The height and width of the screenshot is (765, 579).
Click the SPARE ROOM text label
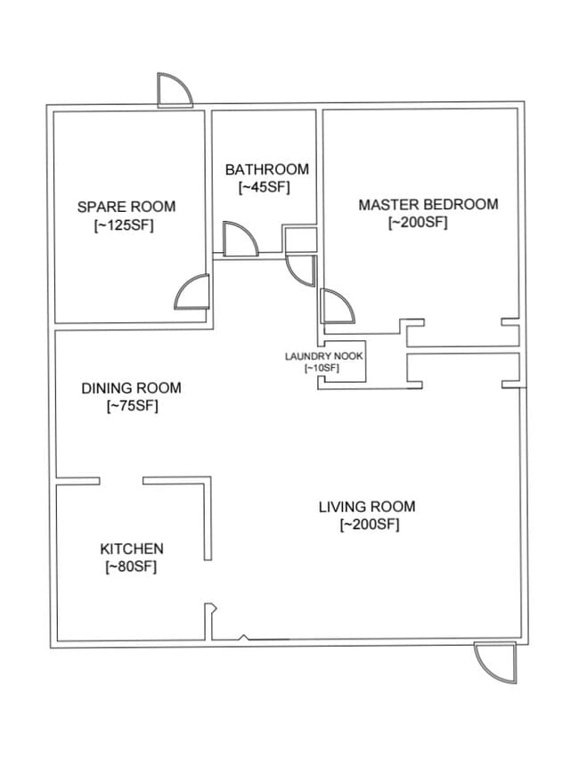click(126, 207)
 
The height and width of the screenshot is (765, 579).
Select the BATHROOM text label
click(266, 169)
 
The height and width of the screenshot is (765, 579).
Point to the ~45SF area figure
click(265, 187)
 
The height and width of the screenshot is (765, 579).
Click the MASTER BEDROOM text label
click(428, 205)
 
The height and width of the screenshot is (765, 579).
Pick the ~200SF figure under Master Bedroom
click(418, 223)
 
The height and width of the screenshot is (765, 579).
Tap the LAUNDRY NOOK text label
click(323, 356)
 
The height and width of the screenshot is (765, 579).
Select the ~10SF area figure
click(322, 368)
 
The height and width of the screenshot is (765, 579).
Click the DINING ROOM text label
click(131, 388)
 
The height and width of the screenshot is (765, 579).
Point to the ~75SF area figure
click(132, 407)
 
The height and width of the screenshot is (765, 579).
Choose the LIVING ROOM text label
click(367, 508)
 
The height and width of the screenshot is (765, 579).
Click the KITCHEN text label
click(131, 549)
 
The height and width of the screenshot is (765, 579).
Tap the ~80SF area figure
click(131, 567)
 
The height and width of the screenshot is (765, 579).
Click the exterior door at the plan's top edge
click(173, 89)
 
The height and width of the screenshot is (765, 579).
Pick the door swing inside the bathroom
click(238, 240)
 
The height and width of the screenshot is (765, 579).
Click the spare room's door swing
click(193, 291)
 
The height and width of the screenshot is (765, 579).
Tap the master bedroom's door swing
click(337, 305)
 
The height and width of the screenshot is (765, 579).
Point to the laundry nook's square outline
click(345, 362)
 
